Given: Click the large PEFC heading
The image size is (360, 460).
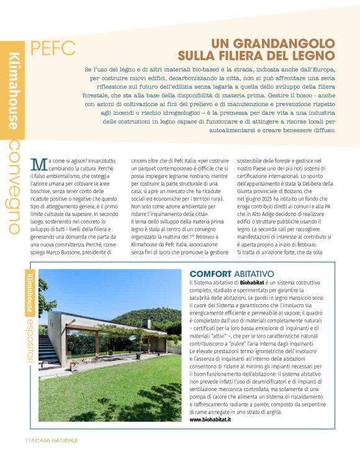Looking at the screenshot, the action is pyautogui.click(x=53, y=47).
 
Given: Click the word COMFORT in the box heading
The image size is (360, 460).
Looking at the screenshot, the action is pyautogui.click(x=210, y=274).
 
